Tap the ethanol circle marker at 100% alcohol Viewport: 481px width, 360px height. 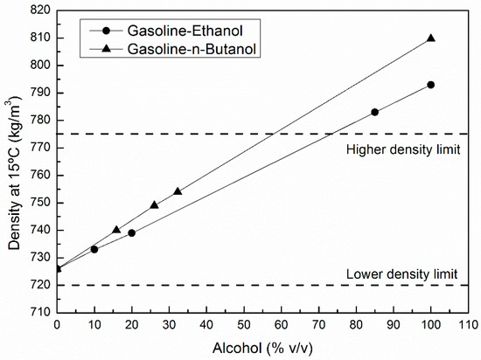click(430, 85)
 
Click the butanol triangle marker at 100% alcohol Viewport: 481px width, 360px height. click(430, 38)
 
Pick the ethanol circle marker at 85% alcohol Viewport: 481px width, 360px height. click(374, 112)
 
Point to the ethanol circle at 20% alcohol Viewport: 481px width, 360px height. click(131, 233)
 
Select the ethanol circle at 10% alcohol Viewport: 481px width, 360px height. click(94, 249)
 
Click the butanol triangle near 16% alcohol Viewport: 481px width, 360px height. click(116, 230)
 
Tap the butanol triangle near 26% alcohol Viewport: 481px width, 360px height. click(154, 205)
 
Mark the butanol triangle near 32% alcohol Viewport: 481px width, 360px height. click(178, 191)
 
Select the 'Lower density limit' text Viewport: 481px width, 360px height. click(403, 273)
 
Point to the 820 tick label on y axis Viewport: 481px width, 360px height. click(38, 10)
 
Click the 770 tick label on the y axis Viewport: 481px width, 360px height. click(38, 148)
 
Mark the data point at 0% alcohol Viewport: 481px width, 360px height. click(57, 268)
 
